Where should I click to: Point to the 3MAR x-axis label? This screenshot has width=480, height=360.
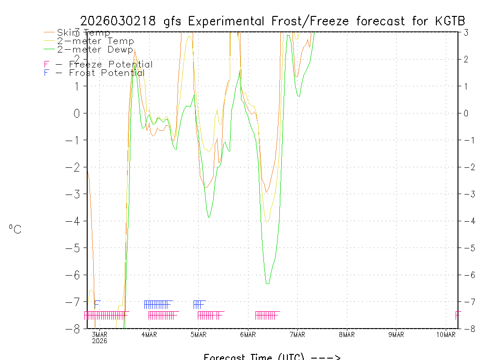[99, 334]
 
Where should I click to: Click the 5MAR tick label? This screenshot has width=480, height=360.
[199, 334]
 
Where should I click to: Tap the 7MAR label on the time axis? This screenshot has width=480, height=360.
[298, 334]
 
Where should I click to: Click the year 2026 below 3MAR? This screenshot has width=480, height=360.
[99, 341]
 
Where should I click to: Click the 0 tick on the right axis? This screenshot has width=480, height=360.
[466, 113]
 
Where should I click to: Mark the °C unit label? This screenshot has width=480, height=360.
[15, 229]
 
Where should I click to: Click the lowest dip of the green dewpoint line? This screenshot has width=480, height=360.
[267, 283]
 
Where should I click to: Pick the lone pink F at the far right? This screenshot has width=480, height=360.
[457, 315]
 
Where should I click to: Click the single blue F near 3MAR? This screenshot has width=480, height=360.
[97, 304]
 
